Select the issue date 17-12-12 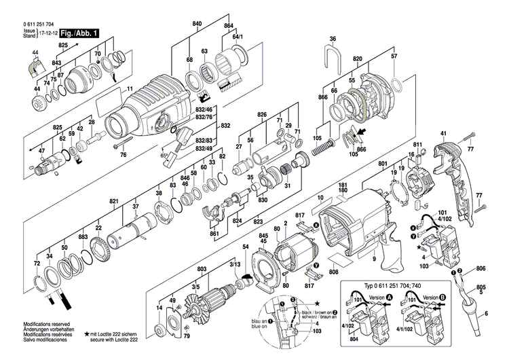click(x=48, y=33)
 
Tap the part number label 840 click(x=197, y=24)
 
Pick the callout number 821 click(x=115, y=201)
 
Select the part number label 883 click(x=83, y=236)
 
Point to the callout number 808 click(x=334, y=273)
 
